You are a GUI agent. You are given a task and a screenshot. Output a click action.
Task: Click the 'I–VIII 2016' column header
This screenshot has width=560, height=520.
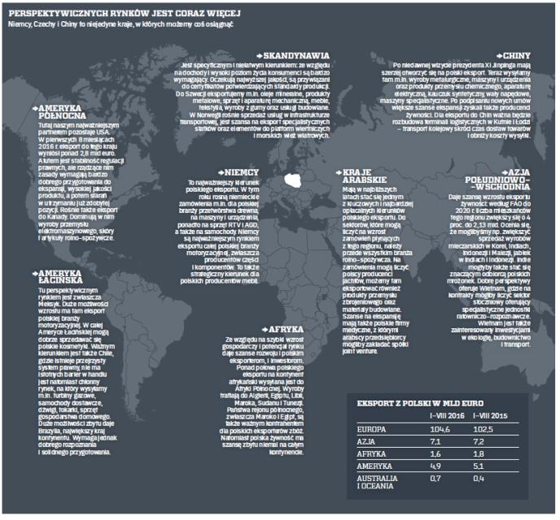click(x=445, y=415)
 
